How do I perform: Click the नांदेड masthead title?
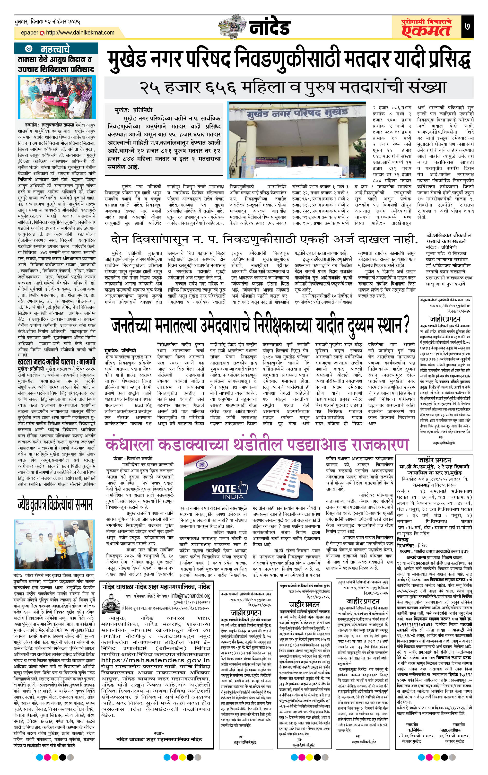(270, 28)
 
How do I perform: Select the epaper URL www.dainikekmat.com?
(80, 33)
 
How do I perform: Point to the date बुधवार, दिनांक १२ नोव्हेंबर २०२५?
(47, 22)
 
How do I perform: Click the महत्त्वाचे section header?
(55, 49)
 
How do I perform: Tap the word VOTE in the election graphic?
(224, 488)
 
